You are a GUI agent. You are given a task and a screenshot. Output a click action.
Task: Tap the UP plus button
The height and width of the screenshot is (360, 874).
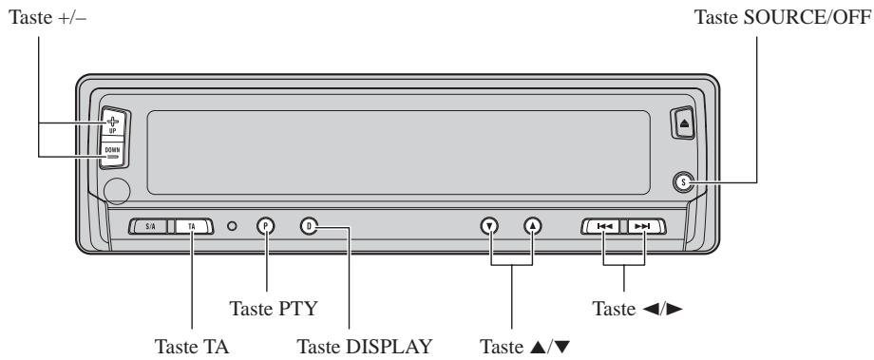pyautogui.click(x=113, y=123)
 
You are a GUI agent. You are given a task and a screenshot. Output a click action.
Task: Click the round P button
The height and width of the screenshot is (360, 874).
pyautogui.click(x=266, y=226)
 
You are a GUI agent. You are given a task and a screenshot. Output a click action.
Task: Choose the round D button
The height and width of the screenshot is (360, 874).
pyautogui.click(x=309, y=226)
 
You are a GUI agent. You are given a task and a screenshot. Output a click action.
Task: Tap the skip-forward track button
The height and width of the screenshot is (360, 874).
pyautogui.click(x=643, y=227)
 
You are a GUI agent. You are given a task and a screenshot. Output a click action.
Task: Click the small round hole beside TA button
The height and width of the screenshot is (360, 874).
pyautogui.click(x=232, y=226)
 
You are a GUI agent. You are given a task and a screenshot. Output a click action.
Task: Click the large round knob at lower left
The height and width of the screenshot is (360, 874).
pyautogui.click(x=119, y=192)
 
